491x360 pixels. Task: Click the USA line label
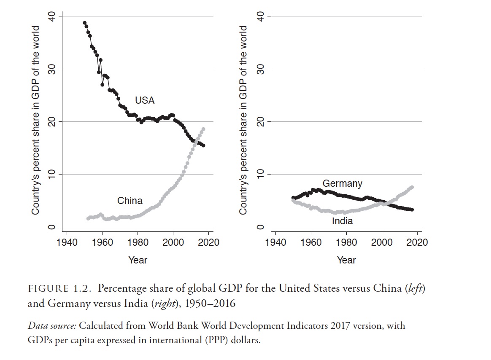coord(145,100)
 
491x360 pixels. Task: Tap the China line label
coord(129,201)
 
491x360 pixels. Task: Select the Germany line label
coord(342,183)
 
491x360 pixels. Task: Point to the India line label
coord(342,221)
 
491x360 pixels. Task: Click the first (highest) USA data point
coord(84,23)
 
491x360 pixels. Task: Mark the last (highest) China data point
coord(203,129)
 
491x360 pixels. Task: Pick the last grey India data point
coord(412,187)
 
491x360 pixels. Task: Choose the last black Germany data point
coord(412,210)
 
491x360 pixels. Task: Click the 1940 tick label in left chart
coord(67,242)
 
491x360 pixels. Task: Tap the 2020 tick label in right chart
coord(417,242)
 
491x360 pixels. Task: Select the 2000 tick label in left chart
coord(173,242)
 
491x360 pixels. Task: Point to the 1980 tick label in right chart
coord(346,242)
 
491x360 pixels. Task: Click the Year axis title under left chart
coord(138,260)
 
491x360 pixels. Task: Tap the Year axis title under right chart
coord(346,260)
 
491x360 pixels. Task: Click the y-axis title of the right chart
coord(243,120)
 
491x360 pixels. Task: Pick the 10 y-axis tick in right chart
coord(261,174)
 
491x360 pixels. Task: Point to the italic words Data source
coord(52,326)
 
